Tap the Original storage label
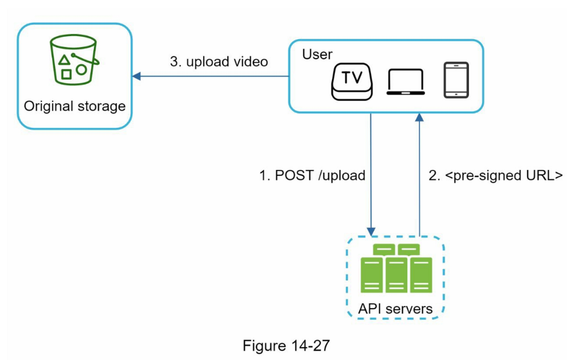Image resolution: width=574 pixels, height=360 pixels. point(75,106)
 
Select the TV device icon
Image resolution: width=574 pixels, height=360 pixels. point(352,82)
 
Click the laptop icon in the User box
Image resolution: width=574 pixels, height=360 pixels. point(406,82)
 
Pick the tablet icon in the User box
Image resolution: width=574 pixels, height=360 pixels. point(456,80)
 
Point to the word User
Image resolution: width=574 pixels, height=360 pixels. point(317,54)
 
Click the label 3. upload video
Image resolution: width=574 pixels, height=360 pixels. point(219,62)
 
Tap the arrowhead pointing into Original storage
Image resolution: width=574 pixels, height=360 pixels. point(137,76)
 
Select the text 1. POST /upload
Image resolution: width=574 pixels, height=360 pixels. point(312,175)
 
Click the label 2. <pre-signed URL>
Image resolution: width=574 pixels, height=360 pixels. point(495,175)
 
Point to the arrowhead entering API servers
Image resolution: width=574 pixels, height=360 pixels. point(371,231)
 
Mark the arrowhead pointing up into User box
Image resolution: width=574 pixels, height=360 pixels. point(419,117)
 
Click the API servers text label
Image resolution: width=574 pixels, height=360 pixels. point(395,309)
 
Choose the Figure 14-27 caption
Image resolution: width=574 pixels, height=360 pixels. point(286,345)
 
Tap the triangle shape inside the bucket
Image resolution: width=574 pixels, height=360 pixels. point(64,60)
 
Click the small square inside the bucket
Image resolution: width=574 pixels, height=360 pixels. point(66,74)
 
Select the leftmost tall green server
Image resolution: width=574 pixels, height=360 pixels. point(371,275)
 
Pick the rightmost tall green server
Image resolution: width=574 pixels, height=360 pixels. point(421,275)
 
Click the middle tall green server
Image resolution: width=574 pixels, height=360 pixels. point(396,275)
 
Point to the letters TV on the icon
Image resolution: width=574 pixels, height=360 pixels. point(352,77)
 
